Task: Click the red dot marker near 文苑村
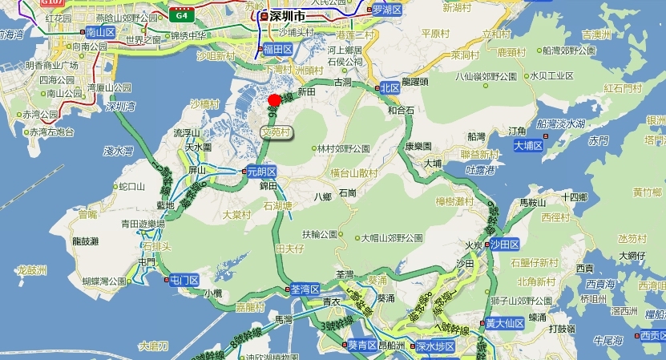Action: tap(274, 99)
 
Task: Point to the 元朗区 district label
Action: tap(260, 171)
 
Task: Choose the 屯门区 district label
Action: tap(184, 280)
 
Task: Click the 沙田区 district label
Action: tap(505, 243)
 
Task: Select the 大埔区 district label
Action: tap(528, 146)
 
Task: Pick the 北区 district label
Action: tap(390, 87)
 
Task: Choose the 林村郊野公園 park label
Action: tap(342, 148)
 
